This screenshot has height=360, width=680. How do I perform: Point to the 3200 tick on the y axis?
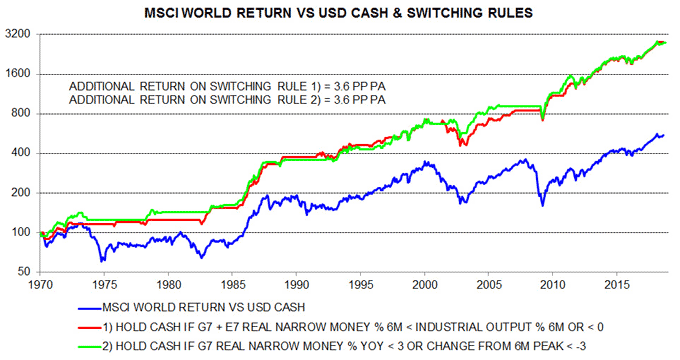click(x=19, y=34)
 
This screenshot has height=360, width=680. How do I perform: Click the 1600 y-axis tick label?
click(x=19, y=74)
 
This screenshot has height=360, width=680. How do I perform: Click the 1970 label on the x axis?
click(x=40, y=284)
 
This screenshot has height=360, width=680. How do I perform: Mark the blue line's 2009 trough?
click(x=544, y=206)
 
